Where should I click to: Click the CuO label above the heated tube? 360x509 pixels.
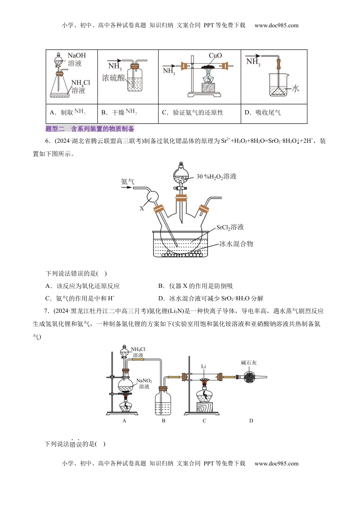point(215,56)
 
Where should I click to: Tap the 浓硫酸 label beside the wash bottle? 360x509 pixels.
point(113,78)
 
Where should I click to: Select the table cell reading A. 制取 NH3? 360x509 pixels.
point(67,112)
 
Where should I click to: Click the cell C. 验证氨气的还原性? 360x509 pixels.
point(193,112)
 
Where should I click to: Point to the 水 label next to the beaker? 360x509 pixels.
point(296,89)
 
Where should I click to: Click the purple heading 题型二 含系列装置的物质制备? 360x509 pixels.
point(90,129)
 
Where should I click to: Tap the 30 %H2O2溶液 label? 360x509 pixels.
point(216,176)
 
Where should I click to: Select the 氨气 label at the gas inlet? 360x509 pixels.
point(127,181)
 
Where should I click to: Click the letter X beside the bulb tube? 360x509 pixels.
point(142,208)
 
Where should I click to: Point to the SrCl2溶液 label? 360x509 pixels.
point(230,227)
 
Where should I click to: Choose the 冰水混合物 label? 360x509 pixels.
point(236,244)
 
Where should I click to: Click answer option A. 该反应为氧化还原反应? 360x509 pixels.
point(83,286)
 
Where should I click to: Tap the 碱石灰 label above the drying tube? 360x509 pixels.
point(249,363)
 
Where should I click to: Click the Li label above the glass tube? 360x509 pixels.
point(203,366)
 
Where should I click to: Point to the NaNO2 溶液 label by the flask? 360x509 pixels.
point(144,384)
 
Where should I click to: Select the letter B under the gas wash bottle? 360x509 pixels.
point(164,421)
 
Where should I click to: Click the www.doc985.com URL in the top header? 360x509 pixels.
point(276,25)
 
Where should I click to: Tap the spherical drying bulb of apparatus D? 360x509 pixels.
point(249,377)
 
